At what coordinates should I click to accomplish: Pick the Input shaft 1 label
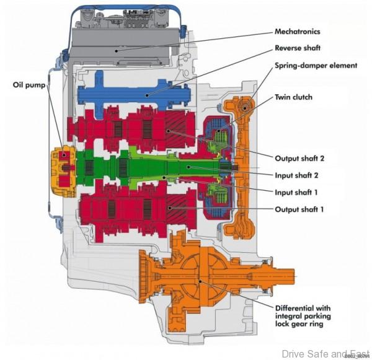[x=298, y=192]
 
